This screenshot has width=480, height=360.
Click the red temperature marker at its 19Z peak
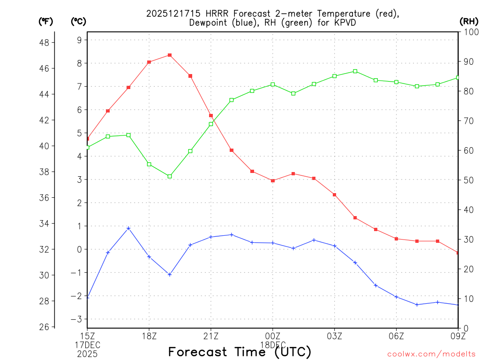170,55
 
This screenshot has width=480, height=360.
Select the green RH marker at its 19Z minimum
170,176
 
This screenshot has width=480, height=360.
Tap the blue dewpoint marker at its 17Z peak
128,228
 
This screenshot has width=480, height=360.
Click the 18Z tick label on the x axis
149,336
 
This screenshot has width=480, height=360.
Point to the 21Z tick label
211,336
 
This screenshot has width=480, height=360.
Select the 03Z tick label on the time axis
335,336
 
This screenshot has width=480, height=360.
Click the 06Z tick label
397,336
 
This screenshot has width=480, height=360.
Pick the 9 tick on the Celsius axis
79,40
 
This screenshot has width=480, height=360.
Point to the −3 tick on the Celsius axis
76,319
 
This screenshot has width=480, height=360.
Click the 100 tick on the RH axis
470,32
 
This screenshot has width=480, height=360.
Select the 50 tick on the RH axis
468,180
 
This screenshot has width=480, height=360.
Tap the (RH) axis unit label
469,21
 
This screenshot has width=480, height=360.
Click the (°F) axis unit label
45,21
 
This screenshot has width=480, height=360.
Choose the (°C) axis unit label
78,21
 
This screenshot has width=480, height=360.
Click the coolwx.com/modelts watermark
431,353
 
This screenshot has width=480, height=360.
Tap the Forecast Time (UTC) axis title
240,352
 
